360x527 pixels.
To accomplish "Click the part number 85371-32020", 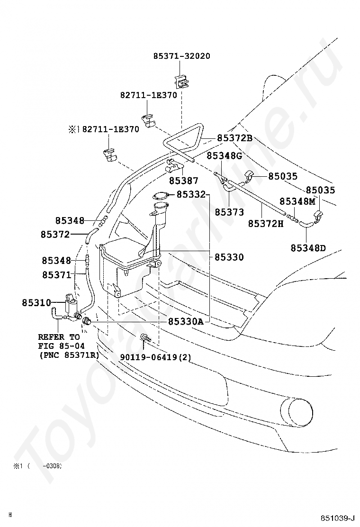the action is click(182, 56).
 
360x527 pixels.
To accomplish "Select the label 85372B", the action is click(234, 138).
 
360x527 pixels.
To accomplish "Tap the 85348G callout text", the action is click(224, 155).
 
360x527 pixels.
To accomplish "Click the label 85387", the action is click(184, 181).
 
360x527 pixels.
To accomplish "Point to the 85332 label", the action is click(191, 194).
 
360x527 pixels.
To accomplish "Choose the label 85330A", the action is click(186, 322).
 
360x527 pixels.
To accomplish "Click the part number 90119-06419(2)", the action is click(155, 357).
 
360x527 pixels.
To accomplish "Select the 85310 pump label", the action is click(36, 302).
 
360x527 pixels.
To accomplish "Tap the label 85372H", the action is click(266, 223).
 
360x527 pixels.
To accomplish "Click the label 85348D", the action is click(308, 248).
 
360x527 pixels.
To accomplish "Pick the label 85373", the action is click(229, 212).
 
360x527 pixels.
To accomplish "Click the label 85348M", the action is click(297, 201).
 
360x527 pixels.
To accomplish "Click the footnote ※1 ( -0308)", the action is click(37, 466).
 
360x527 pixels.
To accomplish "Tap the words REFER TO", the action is click(59, 337).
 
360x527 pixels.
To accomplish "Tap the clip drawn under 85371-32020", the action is click(181, 81).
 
